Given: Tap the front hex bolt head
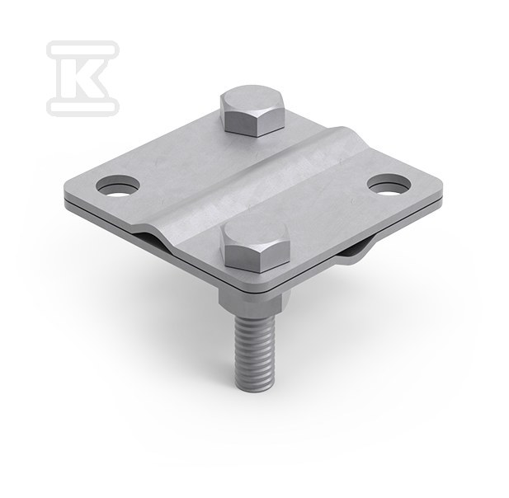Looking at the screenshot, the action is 254,246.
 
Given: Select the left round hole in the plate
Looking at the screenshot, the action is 118,186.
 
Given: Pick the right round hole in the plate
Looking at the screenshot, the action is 389,186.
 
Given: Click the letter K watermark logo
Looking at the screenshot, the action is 82,78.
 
